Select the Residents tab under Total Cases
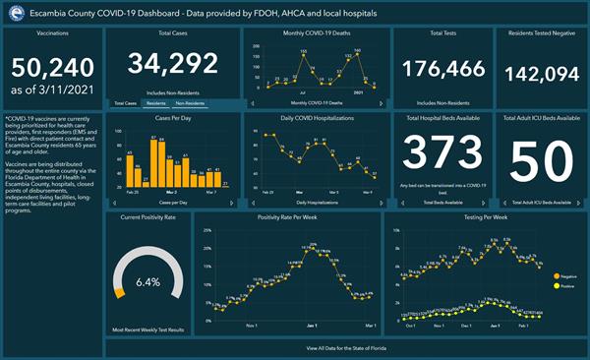155,102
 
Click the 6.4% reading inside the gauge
147,281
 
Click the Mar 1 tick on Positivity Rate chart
368,326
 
